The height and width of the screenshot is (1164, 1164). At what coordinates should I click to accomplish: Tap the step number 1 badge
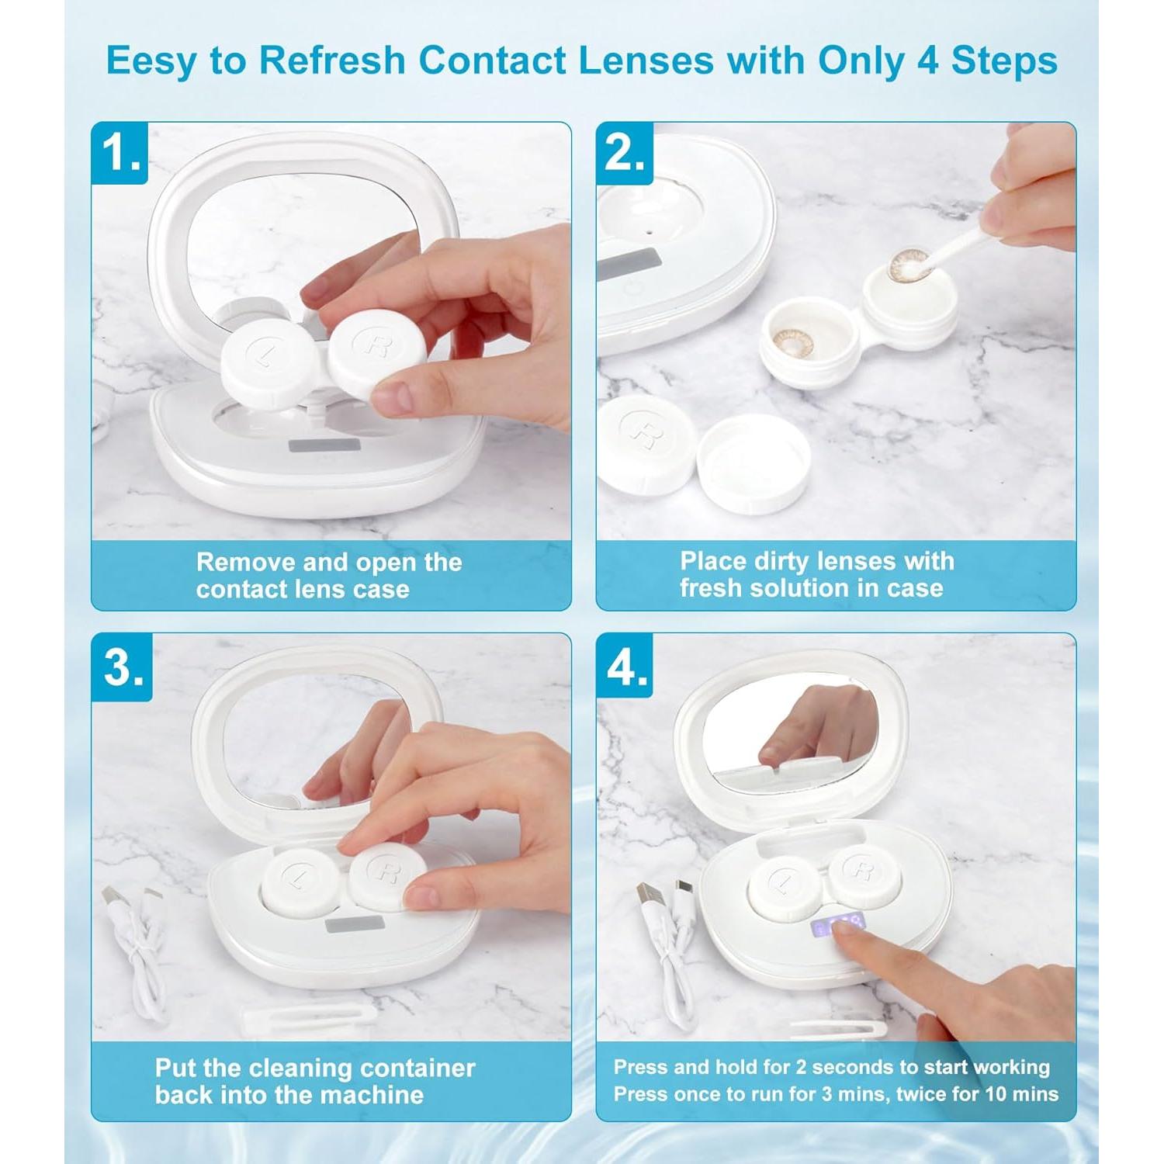pos(120,153)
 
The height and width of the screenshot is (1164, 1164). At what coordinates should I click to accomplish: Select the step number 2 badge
pos(625,153)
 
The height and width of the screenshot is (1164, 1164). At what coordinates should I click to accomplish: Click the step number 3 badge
pos(123,667)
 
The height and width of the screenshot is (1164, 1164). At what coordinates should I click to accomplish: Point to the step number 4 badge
pos(626,667)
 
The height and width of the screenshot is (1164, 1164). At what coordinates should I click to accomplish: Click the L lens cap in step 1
pos(268,359)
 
